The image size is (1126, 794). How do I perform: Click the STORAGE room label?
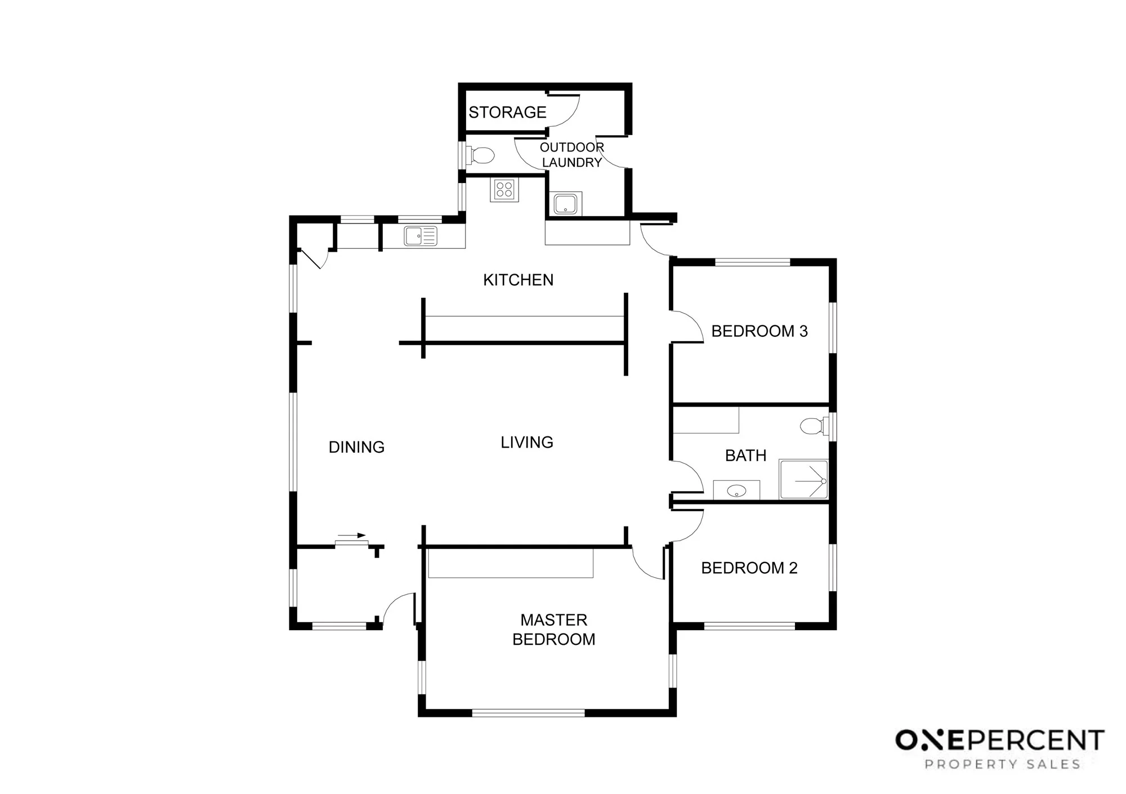[x=507, y=113]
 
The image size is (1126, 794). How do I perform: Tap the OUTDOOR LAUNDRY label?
[x=572, y=155]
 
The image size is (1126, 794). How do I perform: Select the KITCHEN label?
[x=519, y=280]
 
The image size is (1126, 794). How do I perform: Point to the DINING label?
[x=356, y=447]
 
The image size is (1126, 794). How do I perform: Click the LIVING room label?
[x=527, y=443]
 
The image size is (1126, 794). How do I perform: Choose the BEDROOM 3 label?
[x=759, y=331]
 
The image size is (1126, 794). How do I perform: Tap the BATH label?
[x=745, y=456]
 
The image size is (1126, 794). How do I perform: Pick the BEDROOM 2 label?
[x=749, y=568]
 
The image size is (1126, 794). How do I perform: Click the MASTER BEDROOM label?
[x=554, y=630]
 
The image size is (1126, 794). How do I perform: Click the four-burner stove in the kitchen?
[x=504, y=190]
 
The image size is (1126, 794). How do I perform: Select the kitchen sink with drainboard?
[x=421, y=236]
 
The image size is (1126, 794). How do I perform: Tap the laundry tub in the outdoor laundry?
[x=565, y=203]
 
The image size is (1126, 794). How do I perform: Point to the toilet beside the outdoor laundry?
[x=480, y=154]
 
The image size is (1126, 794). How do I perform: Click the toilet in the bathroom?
[x=814, y=426]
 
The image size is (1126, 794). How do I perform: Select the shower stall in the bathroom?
[x=803, y=479]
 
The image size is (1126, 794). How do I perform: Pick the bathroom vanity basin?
[x=736, y=491]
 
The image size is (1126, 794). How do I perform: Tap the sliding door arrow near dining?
[x=352, y=536]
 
